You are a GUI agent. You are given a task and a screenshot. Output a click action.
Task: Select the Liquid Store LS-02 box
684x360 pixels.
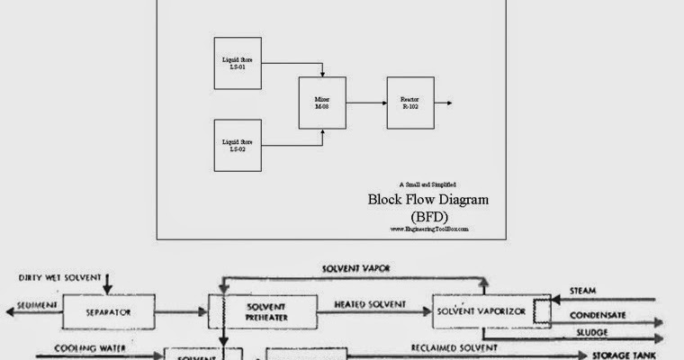pyautogui.click(x=238, y=144)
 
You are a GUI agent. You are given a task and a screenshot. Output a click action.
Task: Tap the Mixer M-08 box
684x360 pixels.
pyautogui.click(x=322, y=103)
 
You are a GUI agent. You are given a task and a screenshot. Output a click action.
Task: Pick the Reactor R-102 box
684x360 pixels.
pyautogui.click(x=409, y=103)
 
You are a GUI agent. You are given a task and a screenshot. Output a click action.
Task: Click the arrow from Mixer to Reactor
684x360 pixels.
pyautogui.click(x=366, y=103)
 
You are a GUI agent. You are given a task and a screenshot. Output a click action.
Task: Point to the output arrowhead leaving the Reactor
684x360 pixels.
pyautogui.click(x=449, y=103)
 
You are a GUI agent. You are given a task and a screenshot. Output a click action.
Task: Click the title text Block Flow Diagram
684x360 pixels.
pyautogui.click(x=428, y=199)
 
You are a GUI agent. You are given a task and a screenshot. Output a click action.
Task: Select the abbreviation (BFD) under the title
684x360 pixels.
pyautogui.click(x=428, y=216)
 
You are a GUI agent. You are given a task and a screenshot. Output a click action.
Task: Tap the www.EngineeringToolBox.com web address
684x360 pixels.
pyautogui.click(x=429, y=229)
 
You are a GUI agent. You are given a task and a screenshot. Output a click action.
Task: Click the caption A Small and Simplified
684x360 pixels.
pyautogui.click(x=429, y=184)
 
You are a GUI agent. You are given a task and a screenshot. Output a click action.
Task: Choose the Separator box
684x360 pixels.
pyautogui.click(x=108, y=313)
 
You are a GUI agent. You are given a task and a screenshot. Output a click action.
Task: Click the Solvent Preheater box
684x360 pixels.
pyautogui.click(x=265, y=312)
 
